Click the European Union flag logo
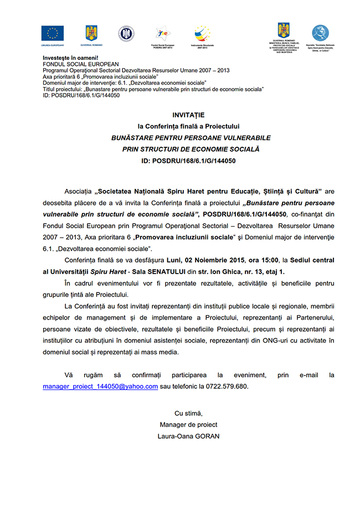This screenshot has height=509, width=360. pos(53,34)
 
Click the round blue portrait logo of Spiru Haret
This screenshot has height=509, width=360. pos(320,34)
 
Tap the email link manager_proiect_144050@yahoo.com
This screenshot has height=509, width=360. pos(100,387)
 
